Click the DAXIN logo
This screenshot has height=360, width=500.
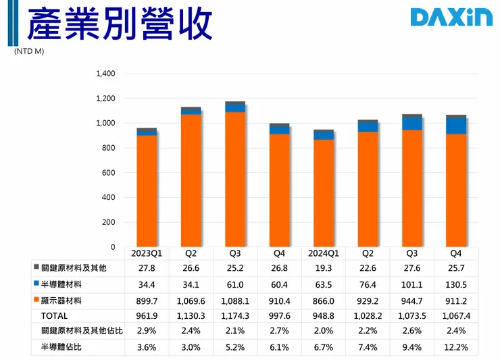pos(450,18)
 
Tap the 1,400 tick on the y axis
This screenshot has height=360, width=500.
pos(106,74)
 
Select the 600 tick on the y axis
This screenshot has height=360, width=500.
pos(109,173)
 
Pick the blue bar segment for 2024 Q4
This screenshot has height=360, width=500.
pos(457,126)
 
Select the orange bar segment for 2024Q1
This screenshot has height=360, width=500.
pos(324,193)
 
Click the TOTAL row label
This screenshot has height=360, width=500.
pos(55,315)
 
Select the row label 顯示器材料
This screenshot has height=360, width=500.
pos(68,300)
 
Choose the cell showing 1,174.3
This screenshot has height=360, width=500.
pos(235,315)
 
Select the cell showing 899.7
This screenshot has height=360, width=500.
pos(147,300)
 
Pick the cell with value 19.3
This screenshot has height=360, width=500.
pos(324,269)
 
